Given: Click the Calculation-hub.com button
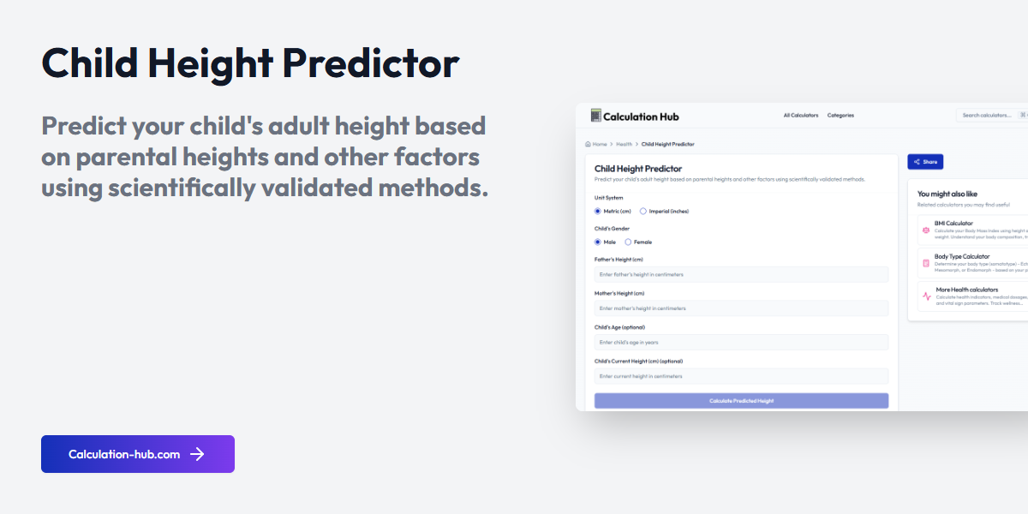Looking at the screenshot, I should [x=137, y=454].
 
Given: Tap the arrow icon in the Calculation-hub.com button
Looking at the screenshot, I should [x=197, y=454].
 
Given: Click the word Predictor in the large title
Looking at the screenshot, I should [x=371, y=64].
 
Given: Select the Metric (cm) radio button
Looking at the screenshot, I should [x=598, y=211].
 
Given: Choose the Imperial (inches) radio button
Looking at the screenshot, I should [x=643, y=211].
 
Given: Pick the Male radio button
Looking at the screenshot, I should [x=598, y=242].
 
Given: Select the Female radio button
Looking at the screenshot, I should [x=628, y=242].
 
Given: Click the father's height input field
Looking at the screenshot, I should [x=741, y=274].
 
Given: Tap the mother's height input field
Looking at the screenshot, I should [x=741, y=308].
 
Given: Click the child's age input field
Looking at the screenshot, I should [x=741, y=342].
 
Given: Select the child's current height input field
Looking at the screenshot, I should [x=741, y=376].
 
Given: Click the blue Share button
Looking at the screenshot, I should [x=925, y=162].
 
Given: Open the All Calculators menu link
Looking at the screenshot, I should [x=801, y=116].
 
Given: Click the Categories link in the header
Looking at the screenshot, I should [x=840, y=116].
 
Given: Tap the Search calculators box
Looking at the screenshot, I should [x=987, y=116].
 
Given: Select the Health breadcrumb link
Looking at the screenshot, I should [x=624, y=145].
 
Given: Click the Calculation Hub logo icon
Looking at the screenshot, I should [x=596, y=116].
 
